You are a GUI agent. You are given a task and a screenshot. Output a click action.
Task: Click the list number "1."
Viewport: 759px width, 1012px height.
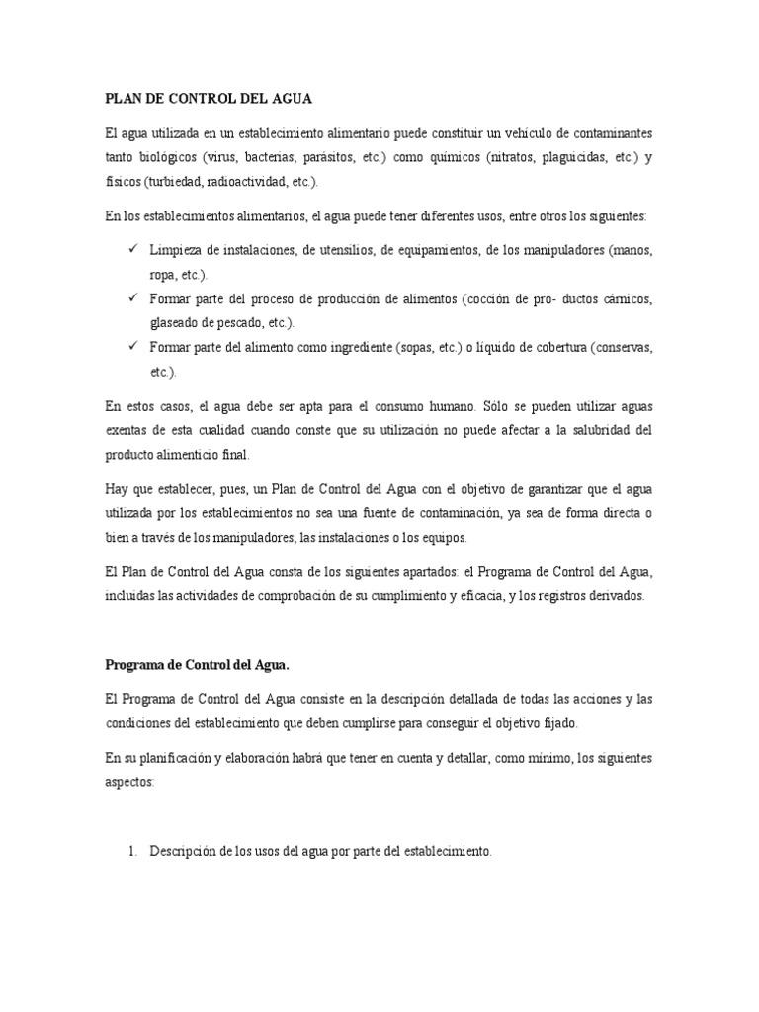pos(134,851)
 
